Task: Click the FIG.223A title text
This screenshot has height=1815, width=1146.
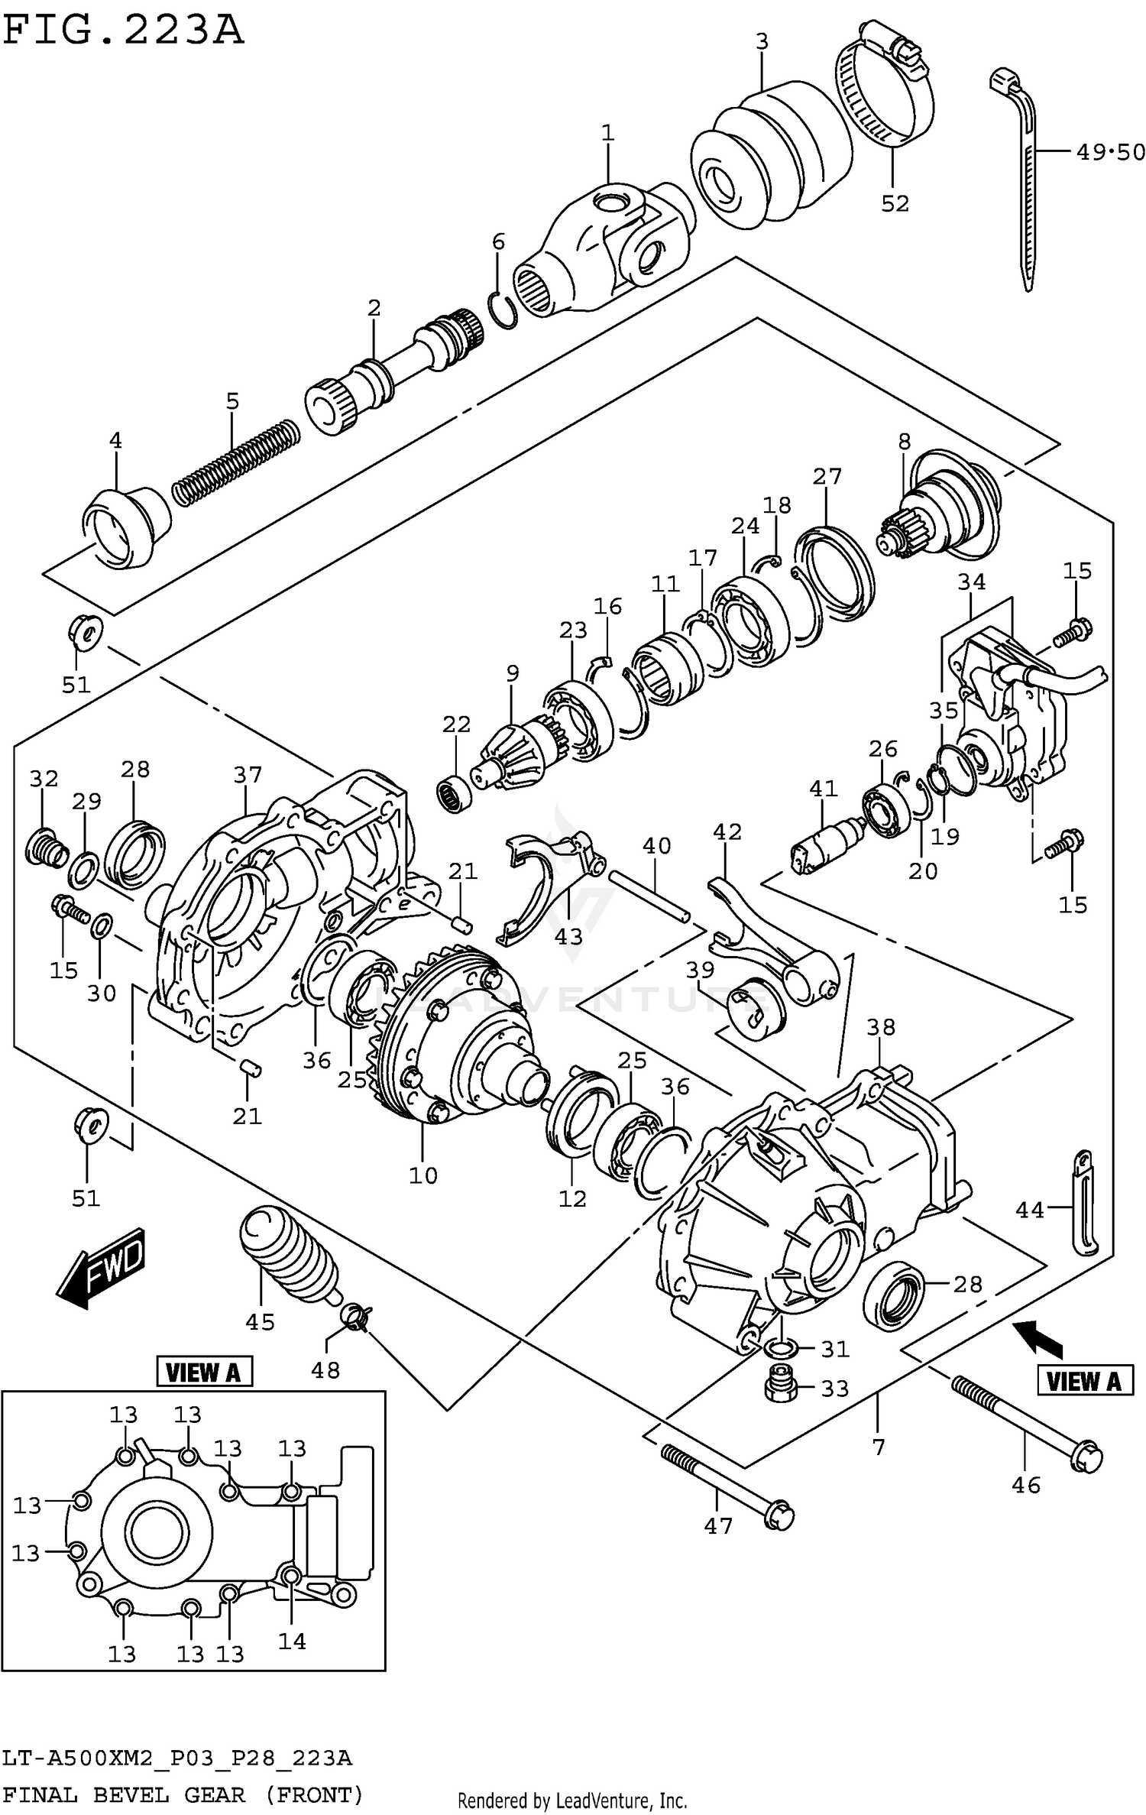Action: [x=122, y=31]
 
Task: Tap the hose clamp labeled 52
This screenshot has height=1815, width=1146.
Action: [x=886, y=96]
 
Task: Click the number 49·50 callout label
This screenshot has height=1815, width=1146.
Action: [x=1110, y=152]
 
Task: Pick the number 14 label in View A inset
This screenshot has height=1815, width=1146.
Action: [x=292, y=1641]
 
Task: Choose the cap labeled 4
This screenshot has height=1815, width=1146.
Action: [x=126, y=527]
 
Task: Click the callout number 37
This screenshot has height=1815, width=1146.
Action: [x=248, y=775]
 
